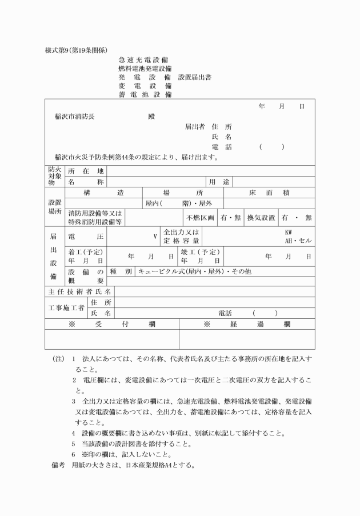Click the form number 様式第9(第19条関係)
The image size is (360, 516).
77,50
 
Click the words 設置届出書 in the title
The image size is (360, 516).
195,77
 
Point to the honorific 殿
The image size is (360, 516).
151,116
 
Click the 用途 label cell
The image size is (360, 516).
219,182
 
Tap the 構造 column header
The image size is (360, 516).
103,193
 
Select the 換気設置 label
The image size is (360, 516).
261,218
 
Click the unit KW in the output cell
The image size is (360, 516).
290,232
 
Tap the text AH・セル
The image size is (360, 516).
298,241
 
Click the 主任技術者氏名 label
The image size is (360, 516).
79,291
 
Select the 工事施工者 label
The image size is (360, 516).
66,307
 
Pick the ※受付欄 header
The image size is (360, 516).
112,324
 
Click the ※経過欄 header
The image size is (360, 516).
247,324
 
